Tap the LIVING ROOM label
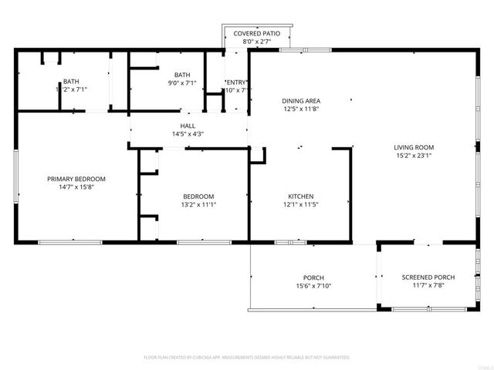pos(414,147)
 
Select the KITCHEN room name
pos(301,197)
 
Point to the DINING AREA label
pos(301,101)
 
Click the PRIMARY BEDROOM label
pos(76,179)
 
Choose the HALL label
pos(188,126)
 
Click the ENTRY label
pos(236,82)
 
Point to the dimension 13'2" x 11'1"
pos(198,205)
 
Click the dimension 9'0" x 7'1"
pos(182,83)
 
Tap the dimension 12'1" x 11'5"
pos(301,205)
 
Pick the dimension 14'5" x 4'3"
pos(188,134)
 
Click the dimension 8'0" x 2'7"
pos(258,43)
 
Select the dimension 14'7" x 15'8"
pos(76,187)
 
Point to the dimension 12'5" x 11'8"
pos(301,109)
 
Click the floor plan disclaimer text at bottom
pos(247,358)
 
